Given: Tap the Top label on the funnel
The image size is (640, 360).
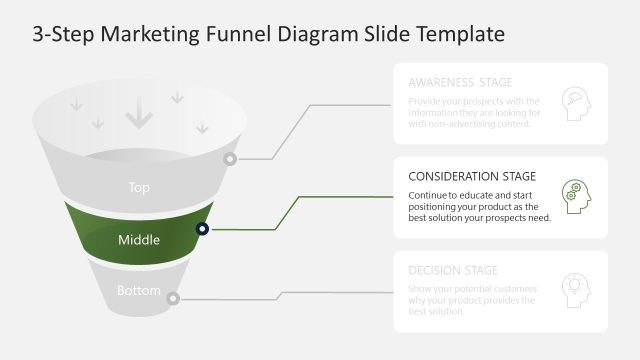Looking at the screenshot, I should point(139,187).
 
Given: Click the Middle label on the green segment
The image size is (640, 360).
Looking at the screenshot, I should point(139,239).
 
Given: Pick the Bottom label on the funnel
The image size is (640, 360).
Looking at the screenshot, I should point(139,291).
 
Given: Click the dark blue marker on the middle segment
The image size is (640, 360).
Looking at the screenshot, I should point(202,229).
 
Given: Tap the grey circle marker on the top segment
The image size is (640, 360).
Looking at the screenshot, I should point(230,159).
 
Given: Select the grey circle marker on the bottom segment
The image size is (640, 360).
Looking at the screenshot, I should point(173,298).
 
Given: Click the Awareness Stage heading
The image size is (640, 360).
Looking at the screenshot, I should point(460,82).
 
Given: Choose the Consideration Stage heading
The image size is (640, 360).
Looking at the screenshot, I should point(472,176).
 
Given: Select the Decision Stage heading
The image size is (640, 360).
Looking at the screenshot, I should point(453,270).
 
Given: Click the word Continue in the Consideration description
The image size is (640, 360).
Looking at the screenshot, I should point(431,194).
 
